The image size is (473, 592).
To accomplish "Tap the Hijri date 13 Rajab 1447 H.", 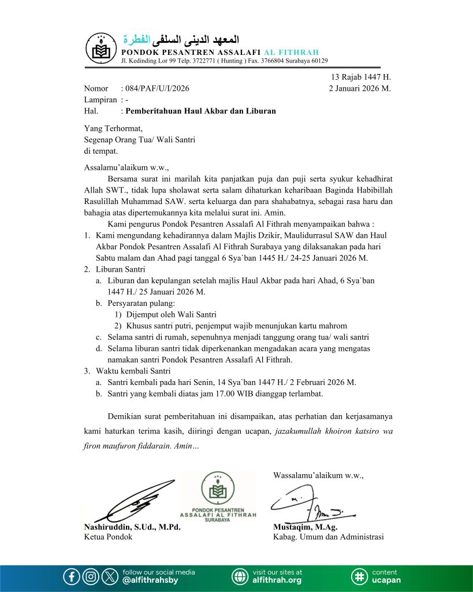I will pyautogui.click(x=361, y=77).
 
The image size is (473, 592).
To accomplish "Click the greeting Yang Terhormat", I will pyautogui.click(x=113, y=129).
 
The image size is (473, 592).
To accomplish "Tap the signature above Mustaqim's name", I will pyautogui.click(x=315, y=503).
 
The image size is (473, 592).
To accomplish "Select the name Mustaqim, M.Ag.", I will pyautogui.click(x=305, y=527).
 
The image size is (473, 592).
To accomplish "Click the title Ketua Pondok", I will pyautogui.click(x=108, y=536).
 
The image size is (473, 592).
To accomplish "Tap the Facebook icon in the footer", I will pyautogui.click(x=72, y=576).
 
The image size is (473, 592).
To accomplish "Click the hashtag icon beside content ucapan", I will pyautogui.click(x=359, y=576).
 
